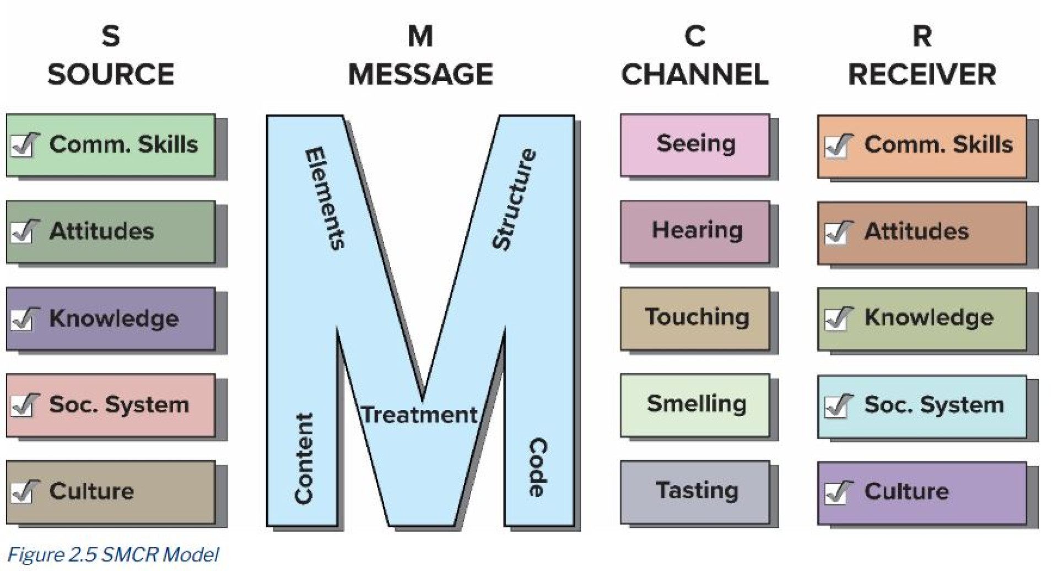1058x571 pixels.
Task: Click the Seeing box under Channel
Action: [695, 144]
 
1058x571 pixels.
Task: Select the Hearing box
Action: [695, 231]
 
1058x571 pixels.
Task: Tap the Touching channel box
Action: [695, 318]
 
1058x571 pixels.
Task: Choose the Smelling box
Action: [695, 405]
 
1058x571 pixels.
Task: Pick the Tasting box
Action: [695, 491]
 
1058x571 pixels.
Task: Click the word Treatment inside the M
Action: [420, 415]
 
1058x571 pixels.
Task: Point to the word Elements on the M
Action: [326, 198]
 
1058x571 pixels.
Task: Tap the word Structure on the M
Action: [514, 200]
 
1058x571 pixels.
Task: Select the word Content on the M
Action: [304, 459]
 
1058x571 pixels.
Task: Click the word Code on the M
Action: [537, 467]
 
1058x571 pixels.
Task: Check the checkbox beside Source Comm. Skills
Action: [24, 146]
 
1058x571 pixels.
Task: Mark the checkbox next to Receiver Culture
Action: [838, 492]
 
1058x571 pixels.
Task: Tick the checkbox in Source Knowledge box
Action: [24, 319]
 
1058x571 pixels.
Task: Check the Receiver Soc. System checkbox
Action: [838, 406]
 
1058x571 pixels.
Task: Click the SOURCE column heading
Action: [111, 75]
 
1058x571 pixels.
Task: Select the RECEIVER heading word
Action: [922, 75]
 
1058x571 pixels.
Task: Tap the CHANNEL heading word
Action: [694, 75]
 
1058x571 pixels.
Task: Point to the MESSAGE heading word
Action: [420, 75]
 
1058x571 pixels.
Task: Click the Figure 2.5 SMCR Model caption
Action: [114, 554]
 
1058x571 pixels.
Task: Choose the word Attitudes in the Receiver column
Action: [916, 231]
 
